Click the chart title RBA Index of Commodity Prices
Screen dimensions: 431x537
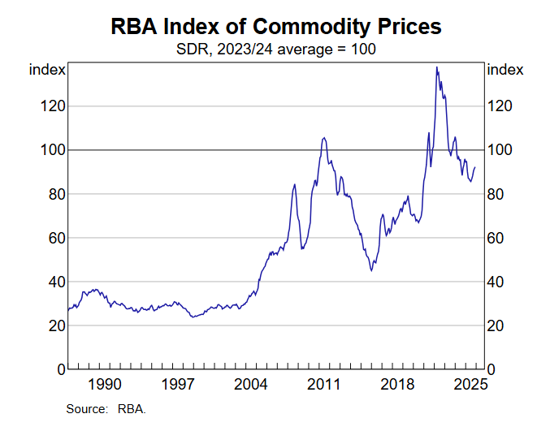click(x=275, y=26)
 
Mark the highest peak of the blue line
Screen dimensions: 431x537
click(x=437, y=67)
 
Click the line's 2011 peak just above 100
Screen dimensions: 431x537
click(x=324, y=138)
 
